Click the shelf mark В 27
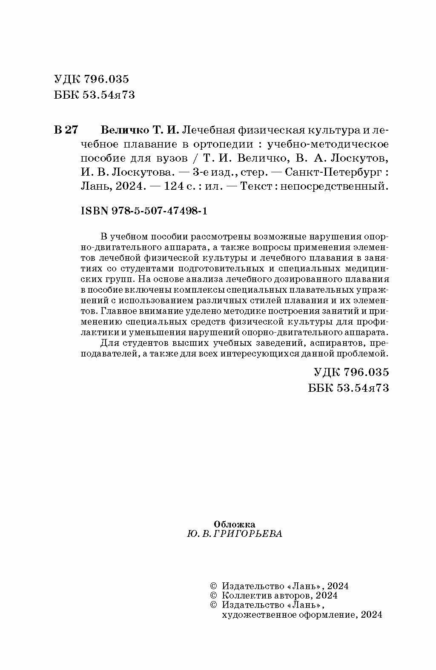66,130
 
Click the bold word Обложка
234,524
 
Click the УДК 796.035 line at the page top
92,79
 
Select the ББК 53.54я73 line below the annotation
348,388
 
